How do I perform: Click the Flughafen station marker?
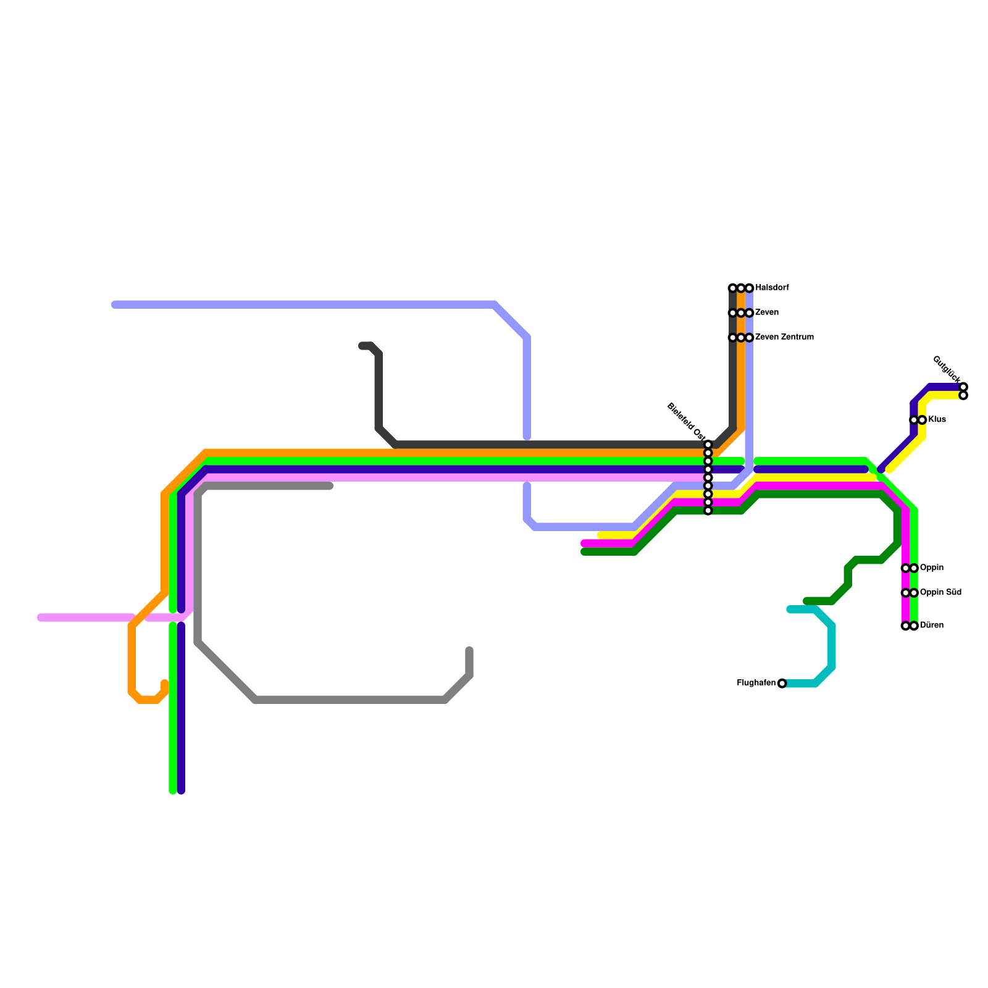782,683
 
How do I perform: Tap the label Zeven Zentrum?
784,337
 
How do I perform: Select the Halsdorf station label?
772,288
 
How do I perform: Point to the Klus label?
937,420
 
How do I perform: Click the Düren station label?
932,626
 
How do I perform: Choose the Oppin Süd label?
940,593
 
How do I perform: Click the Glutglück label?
946,369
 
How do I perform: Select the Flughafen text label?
756,683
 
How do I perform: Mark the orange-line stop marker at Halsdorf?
741,288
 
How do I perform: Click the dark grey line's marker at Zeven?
732,313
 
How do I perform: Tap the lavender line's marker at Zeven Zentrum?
749,338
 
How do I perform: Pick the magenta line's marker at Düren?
905,626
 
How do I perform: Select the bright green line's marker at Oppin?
914,568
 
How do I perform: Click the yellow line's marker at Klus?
922,420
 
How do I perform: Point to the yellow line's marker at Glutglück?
963,395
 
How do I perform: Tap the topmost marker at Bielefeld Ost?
708,445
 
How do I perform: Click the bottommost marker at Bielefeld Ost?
708,511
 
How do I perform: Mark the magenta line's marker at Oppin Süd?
905,593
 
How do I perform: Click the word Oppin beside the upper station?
932,568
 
